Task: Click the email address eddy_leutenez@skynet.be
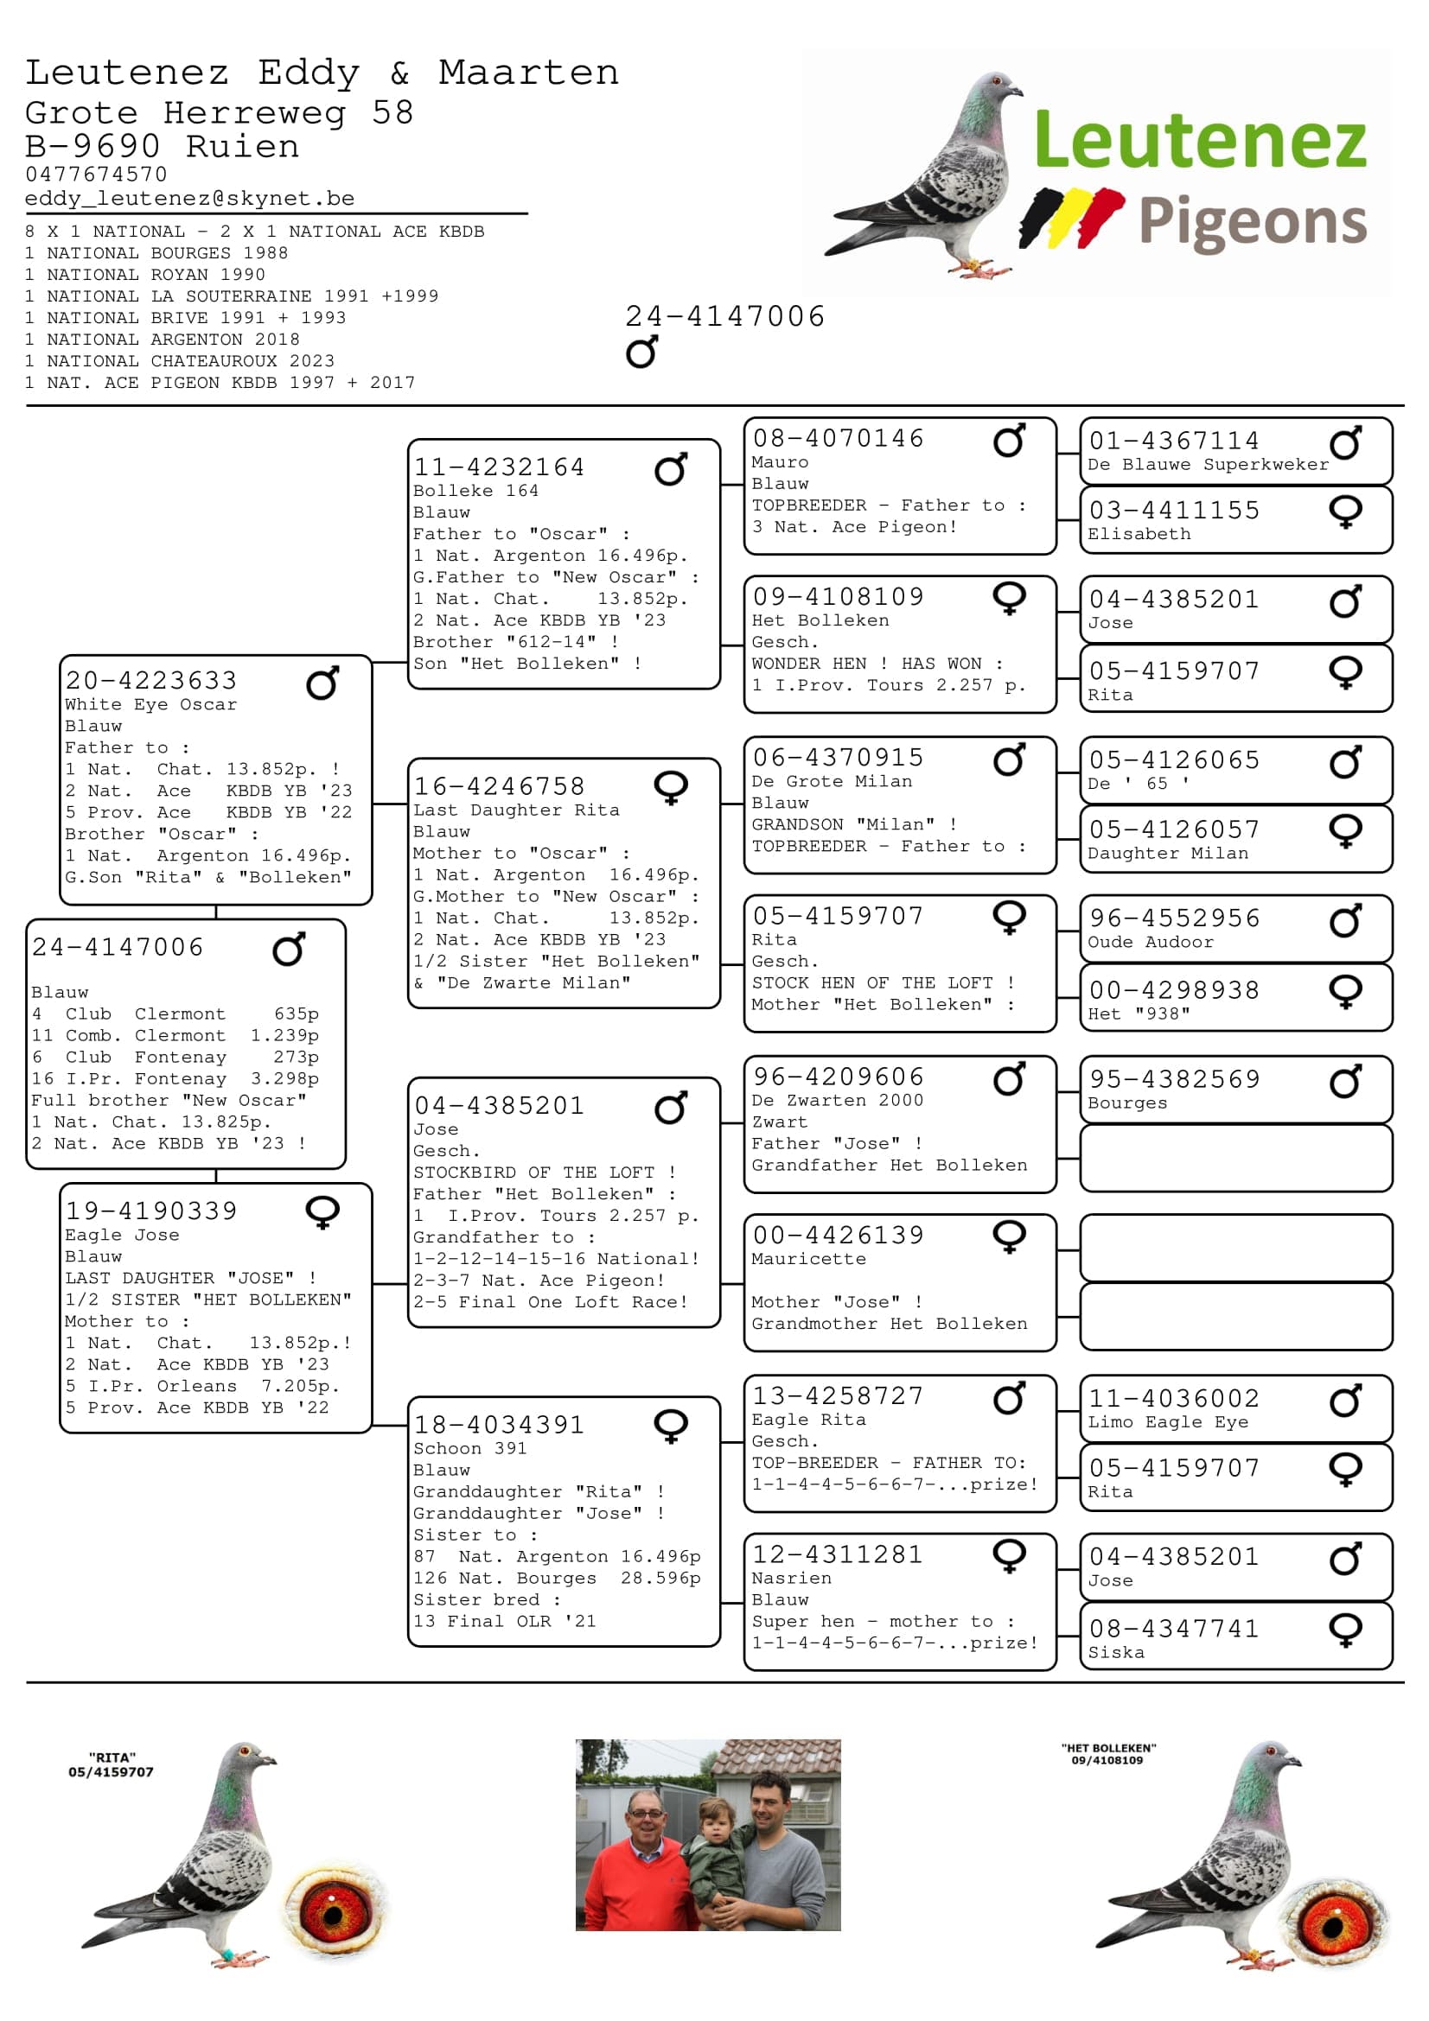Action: pos(189,199)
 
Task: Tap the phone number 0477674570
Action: pos(96,175)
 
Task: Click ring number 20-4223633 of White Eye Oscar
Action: pos(151,680)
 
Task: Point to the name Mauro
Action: pos(779,462)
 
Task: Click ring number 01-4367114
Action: pos(1174,440)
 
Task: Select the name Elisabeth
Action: pos(1139,533)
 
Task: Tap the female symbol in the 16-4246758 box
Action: pos(671,787)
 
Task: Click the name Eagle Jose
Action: pos(122,1235)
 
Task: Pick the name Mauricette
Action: pos(808,1259)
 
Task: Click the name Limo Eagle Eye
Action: pos(1168,1421)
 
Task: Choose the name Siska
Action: pos(1115,1652)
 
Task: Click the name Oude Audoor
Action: pos(1150,942)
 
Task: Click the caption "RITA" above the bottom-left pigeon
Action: pos(112,1757)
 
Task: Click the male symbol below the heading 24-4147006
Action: pos(641,352)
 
